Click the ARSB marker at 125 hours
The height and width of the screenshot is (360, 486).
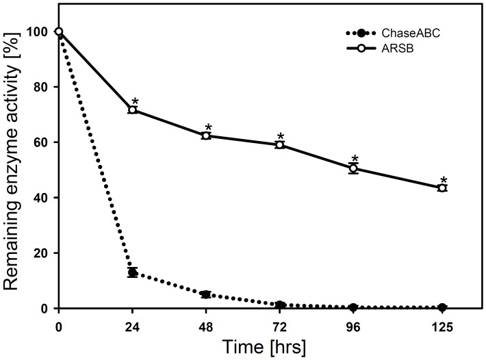[x=442, y=188]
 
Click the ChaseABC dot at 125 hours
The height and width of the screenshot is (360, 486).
[x=442, y=307]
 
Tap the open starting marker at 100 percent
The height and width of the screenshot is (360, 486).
[x=59, y=31]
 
